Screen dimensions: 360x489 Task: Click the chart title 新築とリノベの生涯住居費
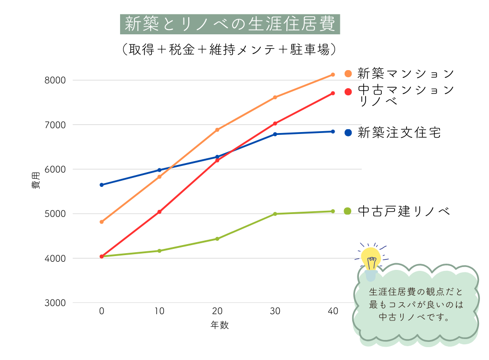point(230,24)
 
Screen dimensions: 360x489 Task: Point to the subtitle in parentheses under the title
point(230,49)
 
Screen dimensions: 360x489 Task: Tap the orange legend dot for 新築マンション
point(348,74)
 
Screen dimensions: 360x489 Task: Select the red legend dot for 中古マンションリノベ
point(348,91)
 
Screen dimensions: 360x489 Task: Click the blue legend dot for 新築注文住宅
point(348,133)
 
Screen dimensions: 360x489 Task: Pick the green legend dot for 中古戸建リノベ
point(347,211)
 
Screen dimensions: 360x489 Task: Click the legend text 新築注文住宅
point(399,133)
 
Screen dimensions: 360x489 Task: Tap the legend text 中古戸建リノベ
point(404,211)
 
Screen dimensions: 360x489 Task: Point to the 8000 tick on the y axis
point(56,80)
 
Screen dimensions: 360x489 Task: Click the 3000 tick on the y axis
point(56,303)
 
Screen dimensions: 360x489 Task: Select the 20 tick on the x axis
point(217,311)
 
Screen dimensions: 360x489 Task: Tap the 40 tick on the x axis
point(333,311)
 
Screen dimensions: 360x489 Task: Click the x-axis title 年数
point(220,325)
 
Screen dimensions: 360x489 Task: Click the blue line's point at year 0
point(102,185)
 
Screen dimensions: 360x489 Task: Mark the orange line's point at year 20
point(217,130)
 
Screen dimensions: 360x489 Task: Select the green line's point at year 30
point(275,214)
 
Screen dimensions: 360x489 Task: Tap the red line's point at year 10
point(159,212)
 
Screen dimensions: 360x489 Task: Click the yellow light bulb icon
point(371,260)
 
